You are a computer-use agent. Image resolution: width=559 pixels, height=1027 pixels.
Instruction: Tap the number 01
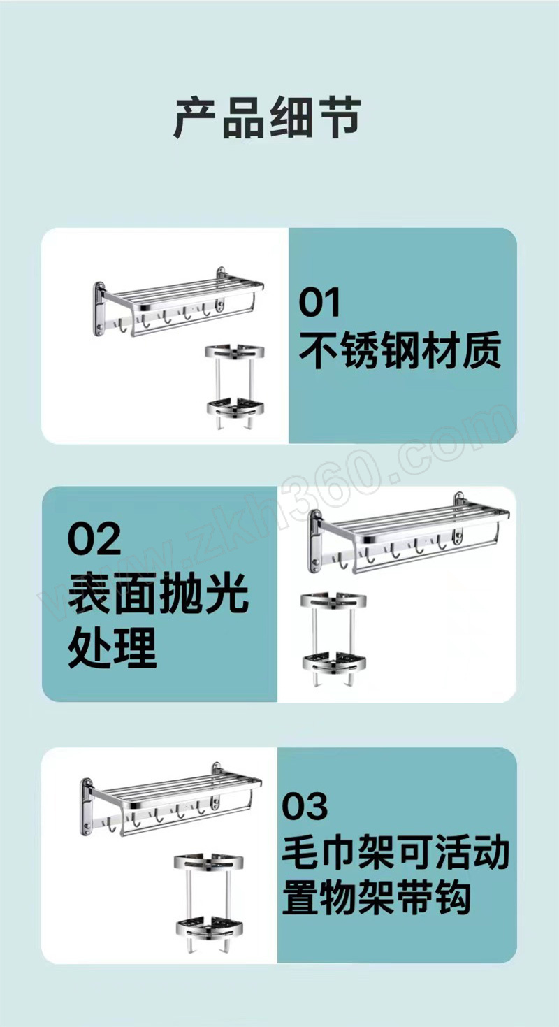(319, 302)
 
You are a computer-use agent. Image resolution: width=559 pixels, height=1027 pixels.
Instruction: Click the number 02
(94, 538)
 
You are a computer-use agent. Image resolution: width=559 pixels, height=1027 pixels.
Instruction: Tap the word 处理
(112, 648)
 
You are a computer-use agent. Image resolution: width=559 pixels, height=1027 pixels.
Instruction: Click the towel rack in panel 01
(178, 303)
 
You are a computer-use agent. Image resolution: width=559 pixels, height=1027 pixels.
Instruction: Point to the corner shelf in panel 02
(333, 639)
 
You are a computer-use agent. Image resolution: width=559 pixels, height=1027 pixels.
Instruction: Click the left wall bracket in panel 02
(315, 541)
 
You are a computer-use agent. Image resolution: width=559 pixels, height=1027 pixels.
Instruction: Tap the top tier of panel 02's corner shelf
(333, 601)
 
